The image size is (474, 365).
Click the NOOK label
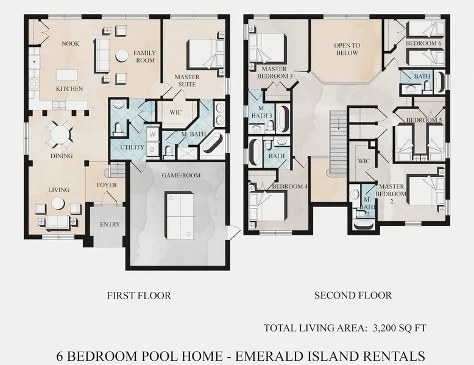pyautogui.click(x=71, y=43)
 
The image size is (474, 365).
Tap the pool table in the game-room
pyautogui.click(x=179, y=215)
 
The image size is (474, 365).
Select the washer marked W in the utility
pyautogui.click(x=152, y=134)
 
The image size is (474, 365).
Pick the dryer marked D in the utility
pyautogui.click(x=152, y=149)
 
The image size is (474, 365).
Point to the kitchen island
pyautogui.click(x=66, y=76)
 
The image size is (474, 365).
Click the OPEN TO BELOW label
pyautogui.click(x=347, y=49)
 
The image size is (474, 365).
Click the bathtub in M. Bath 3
pyautogui.click(x=283, y=119)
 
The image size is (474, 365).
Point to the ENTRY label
pyautogui.click(x=110, y=224)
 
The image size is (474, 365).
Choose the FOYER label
pyautogui.click(x=107, y=185)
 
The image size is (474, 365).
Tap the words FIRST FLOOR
pyautogui.click(x=139, y=296)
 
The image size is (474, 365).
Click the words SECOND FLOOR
pyautogui.click(x=353, y=295)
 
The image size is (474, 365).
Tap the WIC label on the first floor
pyautogui.click(x=175, y=113)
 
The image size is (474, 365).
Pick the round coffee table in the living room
pyautogui.click(x=58, y=203)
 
